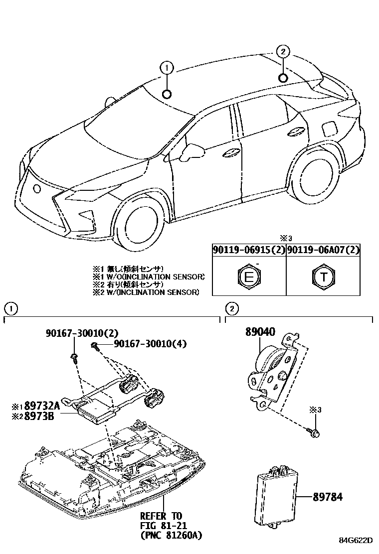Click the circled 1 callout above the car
pyautogui.click(x=167, y=68)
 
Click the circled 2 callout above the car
pyautogui.click(x=282, y=51)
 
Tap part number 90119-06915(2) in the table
pyautogui.click(x=248, y=250)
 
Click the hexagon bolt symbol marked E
pyautogui.click(x=248, y=277)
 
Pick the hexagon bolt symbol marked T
pyautogui.click(x=323, y=277)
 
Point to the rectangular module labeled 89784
pyautogui.click(x=274, y=496)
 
